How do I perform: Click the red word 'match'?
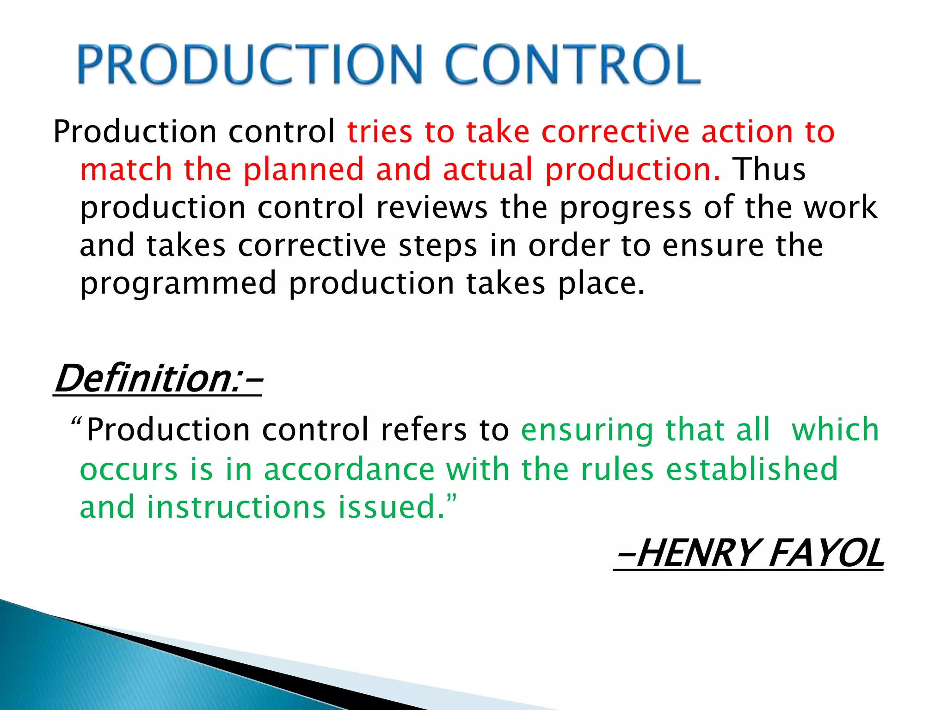coord(126,169)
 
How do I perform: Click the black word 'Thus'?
coord(769,169)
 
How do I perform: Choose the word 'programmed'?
coord(178,284)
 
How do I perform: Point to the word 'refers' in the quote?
coord(424,430)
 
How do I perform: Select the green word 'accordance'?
coord(349,469)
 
